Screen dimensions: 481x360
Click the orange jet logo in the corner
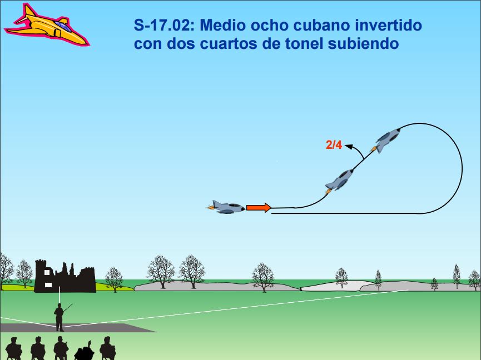coord(47,26)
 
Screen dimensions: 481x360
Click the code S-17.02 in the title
coord(164,25)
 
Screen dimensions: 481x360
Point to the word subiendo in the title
coord(363,43)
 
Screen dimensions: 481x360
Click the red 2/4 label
coord(334,144)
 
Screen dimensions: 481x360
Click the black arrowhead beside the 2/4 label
coord(349,146)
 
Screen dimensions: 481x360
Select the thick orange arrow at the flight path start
coord(259,208)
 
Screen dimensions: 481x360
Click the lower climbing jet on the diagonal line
coord(339,181)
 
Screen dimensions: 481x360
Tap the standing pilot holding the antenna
coord(59,317)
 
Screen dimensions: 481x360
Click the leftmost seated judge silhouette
coord(14,349)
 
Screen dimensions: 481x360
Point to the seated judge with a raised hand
coord(85,350)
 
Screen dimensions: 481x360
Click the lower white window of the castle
coord(48,285)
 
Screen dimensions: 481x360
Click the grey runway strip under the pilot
coord(77,328)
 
